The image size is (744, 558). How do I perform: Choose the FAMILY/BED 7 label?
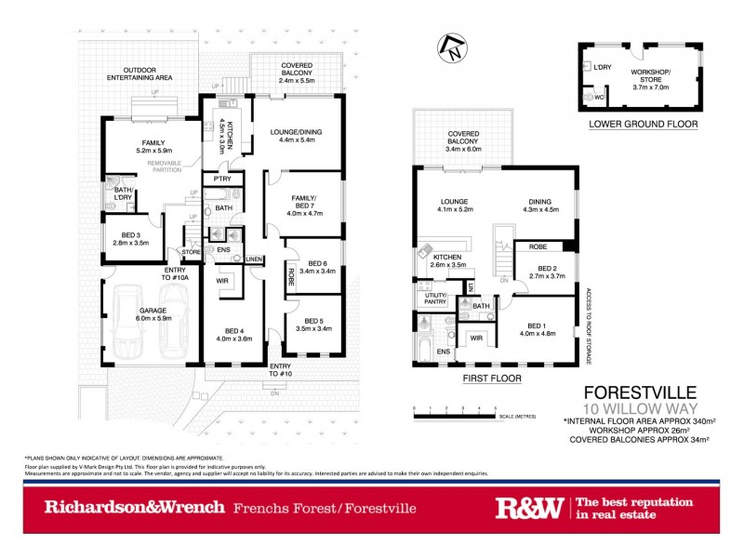click(303, 206)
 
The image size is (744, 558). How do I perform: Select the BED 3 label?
click(126, 238)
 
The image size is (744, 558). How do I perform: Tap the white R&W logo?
click(528, 508)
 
